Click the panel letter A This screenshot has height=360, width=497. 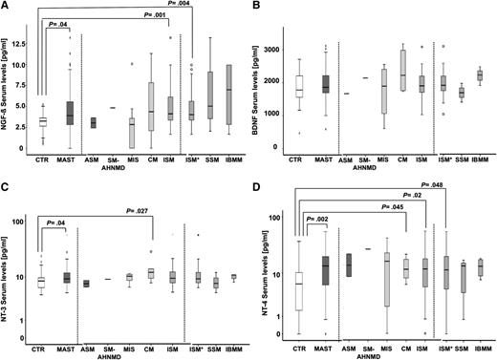pos(6,7)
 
